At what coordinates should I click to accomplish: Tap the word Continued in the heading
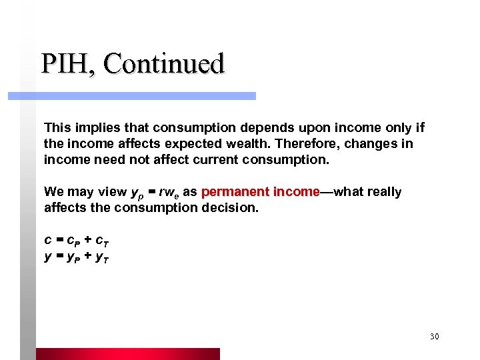pyautogui.click(x=164, y=64)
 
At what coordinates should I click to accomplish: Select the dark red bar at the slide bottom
pyautogui.click(x=127, y=353)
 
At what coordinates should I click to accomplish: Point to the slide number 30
pyautogui.click(x=434, y=337)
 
